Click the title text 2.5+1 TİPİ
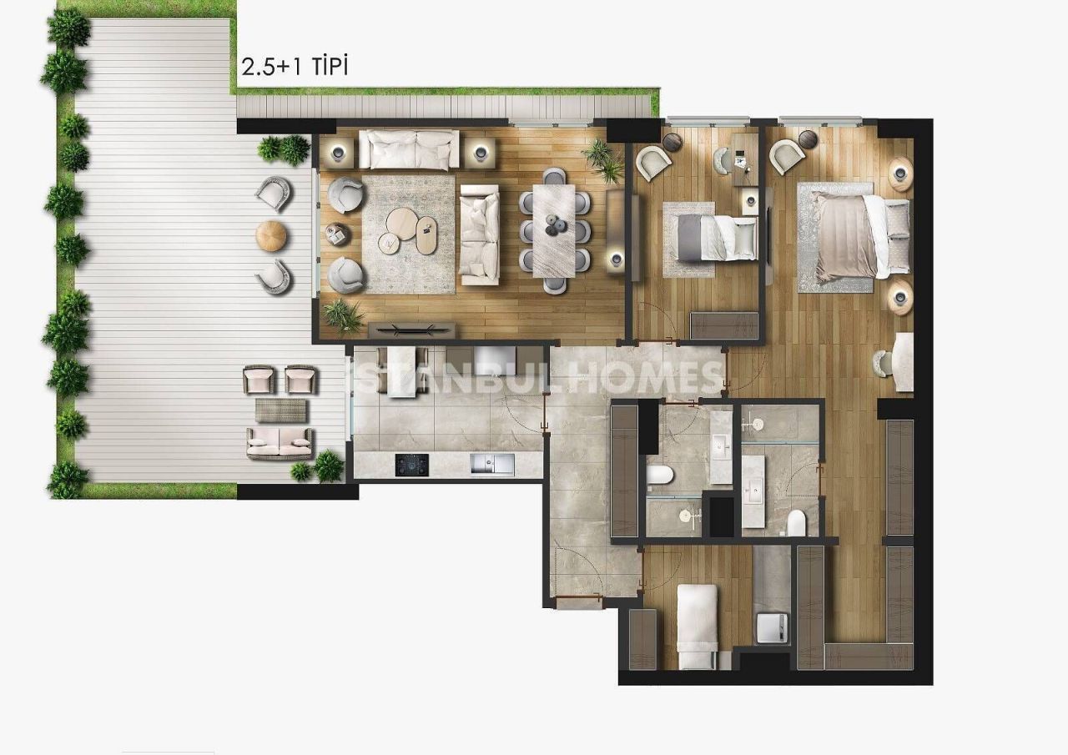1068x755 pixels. [295, 67]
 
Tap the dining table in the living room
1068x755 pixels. [555, 230]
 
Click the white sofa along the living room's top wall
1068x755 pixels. [409, 148]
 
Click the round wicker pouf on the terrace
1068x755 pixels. [271, 236]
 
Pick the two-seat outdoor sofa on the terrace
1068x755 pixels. [280, 443]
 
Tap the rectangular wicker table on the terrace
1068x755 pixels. [280, 410]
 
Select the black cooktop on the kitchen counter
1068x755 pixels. [411, 465]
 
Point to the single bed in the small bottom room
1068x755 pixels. [697, 626]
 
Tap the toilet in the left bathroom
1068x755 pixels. [660, 476]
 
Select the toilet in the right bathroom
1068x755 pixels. [796, 522]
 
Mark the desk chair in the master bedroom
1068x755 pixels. [882, 364]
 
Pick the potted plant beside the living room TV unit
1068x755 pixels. [343, 315]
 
